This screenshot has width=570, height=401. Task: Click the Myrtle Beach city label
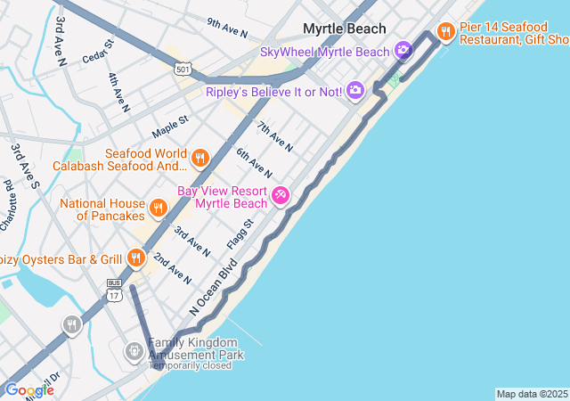click(x=344, y=29)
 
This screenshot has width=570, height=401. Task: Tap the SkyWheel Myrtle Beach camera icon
click(x=403, y=51)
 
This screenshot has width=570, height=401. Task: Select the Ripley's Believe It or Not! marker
click(x=355, y=89)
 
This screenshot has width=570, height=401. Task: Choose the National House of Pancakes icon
click(x=158, y=209)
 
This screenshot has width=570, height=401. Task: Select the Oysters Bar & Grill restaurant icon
click(x=135, y=258)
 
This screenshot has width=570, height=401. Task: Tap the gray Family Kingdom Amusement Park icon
click(x=134, y=351)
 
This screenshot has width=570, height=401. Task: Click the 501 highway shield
click(x=183, y=69)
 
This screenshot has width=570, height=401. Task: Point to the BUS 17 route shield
click(x=114, y=289)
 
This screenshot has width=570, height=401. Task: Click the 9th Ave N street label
click(x=226, y=28)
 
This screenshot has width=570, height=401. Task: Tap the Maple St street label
click(x=170, y=126)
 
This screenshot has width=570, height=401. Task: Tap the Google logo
click(x=28, y=390)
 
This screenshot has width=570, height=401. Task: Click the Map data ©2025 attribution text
click(x=532, y=394)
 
